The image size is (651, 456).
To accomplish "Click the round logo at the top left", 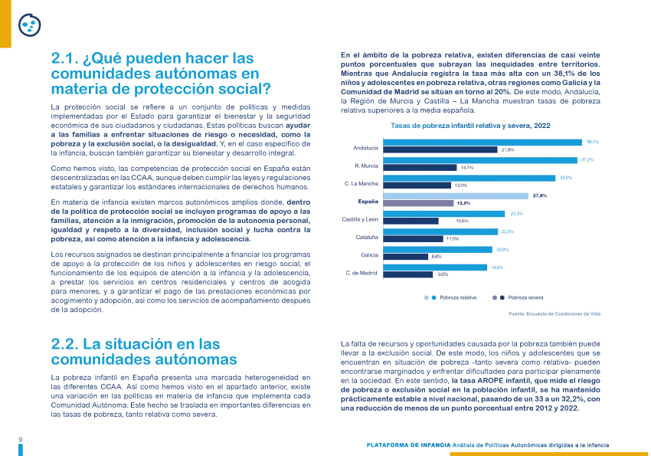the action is (29, 25).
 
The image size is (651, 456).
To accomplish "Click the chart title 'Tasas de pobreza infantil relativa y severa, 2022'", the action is (470, 126).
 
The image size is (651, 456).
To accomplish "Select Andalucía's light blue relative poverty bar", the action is (483, 143).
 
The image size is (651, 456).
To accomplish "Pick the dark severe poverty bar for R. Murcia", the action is (420, 168).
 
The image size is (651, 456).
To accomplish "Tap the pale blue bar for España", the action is (456, 196).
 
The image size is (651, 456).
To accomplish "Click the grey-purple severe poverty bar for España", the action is (418, 204).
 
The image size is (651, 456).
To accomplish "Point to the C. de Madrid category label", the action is (361, 273).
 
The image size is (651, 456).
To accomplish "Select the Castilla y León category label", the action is (360, 219).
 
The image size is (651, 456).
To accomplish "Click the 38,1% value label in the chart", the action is (593, 142).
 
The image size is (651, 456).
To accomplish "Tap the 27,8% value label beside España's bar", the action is (540, 195).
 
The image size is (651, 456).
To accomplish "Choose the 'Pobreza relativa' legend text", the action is (458, 298).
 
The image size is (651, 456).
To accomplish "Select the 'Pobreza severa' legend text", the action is (525, 298).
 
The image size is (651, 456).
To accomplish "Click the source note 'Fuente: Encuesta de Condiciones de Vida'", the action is (554, 314).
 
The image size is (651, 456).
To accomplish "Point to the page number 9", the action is (21, 440).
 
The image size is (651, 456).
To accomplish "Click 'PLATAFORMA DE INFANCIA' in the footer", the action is (408, 445).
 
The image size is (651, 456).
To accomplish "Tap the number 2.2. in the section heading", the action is (64, 344).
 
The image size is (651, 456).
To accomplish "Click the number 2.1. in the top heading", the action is (64, 58).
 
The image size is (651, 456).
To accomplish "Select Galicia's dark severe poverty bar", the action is (406, 257).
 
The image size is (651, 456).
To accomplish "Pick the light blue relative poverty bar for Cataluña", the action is (440, 231).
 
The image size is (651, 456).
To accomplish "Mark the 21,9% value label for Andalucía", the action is (508, 150).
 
